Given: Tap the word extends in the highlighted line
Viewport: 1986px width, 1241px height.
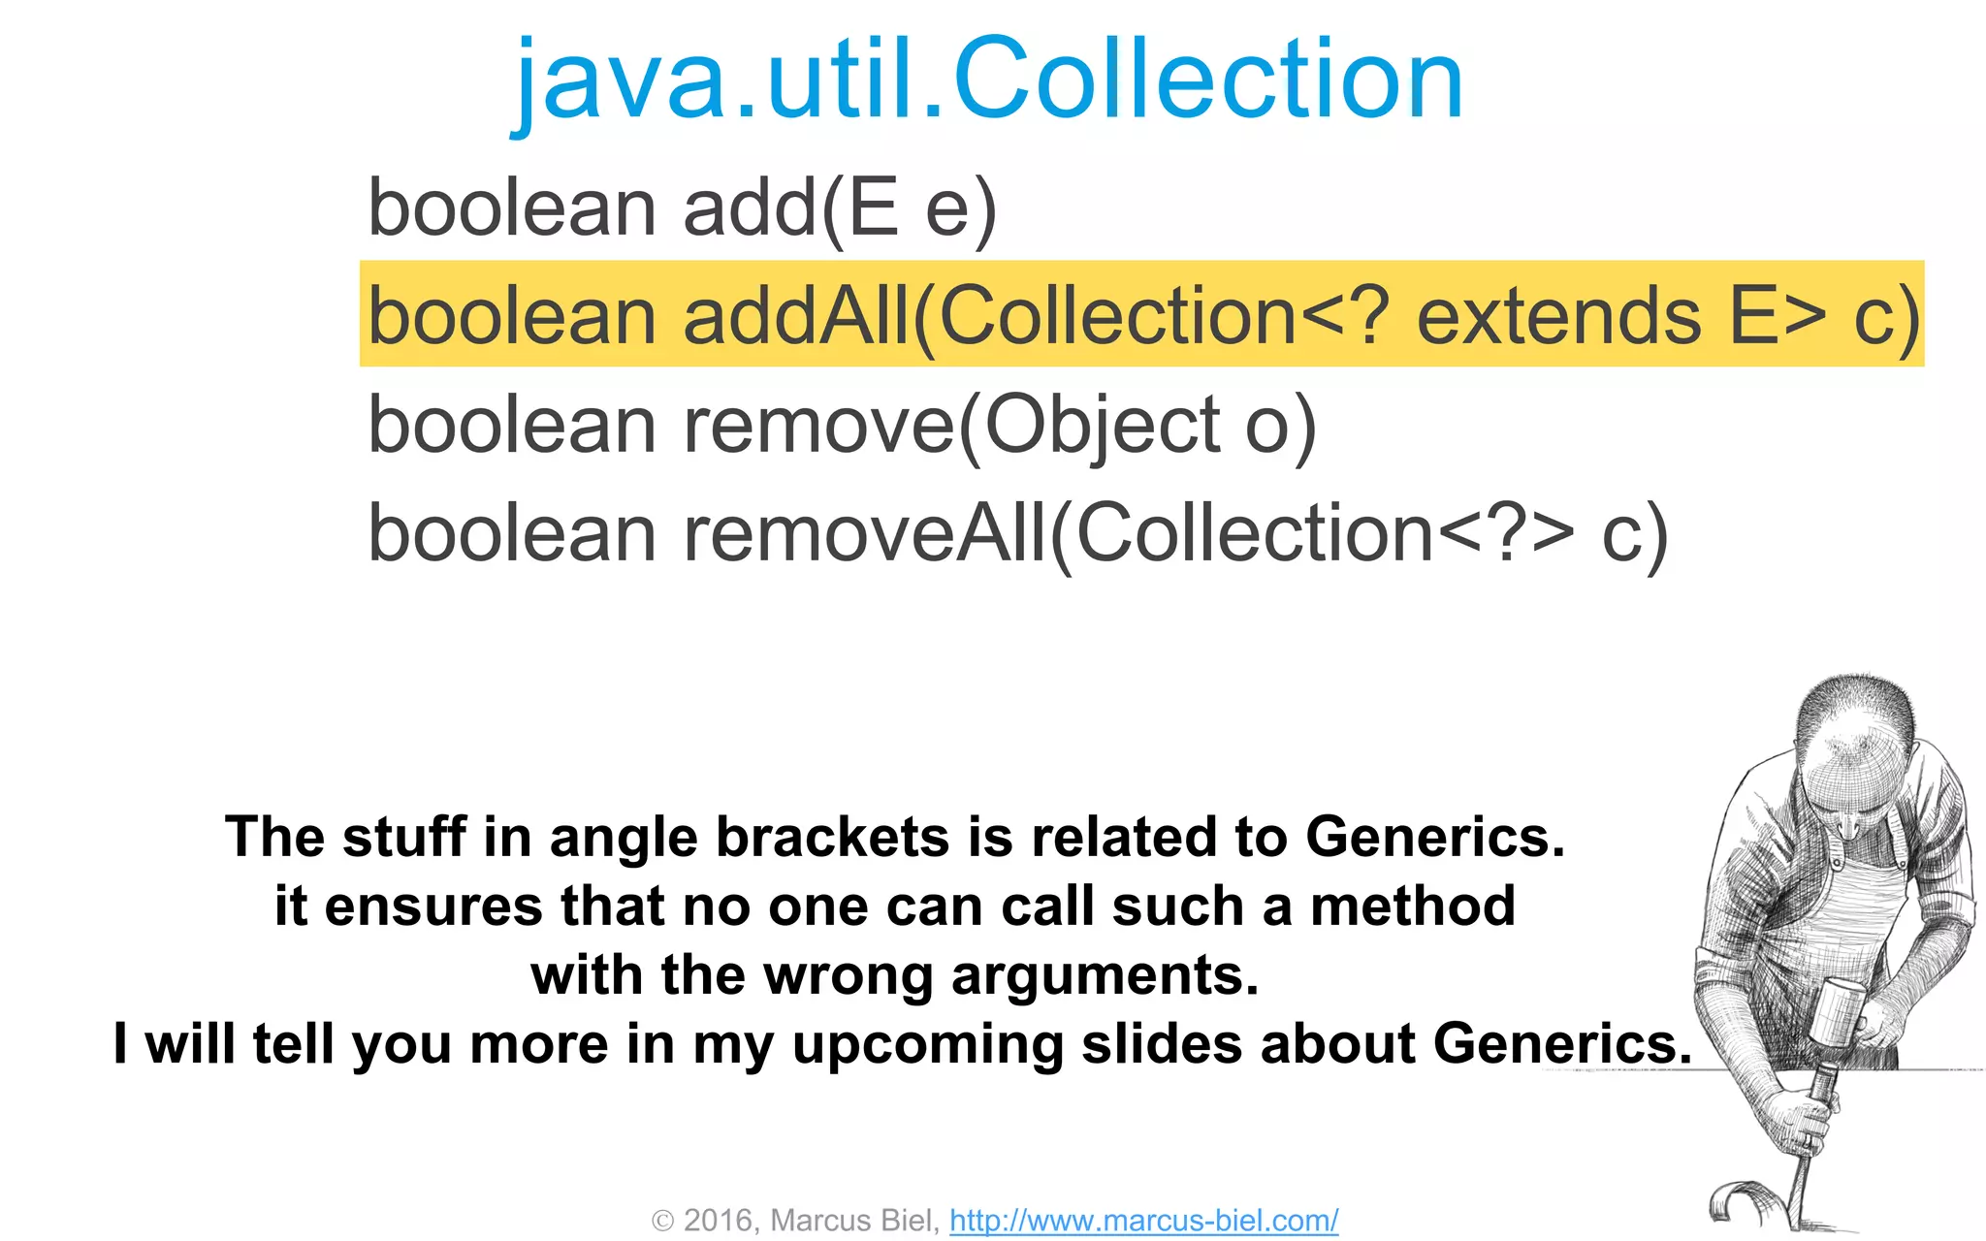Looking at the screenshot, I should click(x=1558, y=316).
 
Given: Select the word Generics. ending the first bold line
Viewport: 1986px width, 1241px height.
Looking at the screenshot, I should click(x=1435, y=838).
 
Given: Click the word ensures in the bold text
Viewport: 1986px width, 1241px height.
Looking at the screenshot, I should click(x=433, y=907).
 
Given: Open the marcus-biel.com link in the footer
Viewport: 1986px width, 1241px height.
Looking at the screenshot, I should click(x=1143, y=1221).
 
